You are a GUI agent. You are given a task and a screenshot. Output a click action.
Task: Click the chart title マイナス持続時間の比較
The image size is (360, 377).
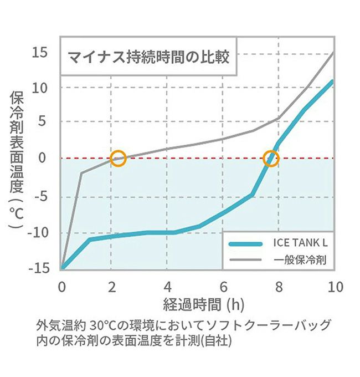(x=148, y=57)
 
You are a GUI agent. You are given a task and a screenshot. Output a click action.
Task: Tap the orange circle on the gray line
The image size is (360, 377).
(x=118, y=158)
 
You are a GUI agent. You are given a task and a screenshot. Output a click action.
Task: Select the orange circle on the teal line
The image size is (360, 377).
(x=270, y=159)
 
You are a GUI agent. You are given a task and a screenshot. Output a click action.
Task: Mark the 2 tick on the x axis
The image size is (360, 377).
(x=112, y=287)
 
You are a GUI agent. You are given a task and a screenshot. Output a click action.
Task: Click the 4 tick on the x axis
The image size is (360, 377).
(x=168, y=287)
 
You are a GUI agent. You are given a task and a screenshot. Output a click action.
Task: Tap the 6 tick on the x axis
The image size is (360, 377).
(x=224, y=287)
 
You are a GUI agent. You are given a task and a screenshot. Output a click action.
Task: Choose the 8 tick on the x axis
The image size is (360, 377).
(x=279, y=287)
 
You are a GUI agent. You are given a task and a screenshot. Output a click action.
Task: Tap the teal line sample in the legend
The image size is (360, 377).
(x=244, y=243)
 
